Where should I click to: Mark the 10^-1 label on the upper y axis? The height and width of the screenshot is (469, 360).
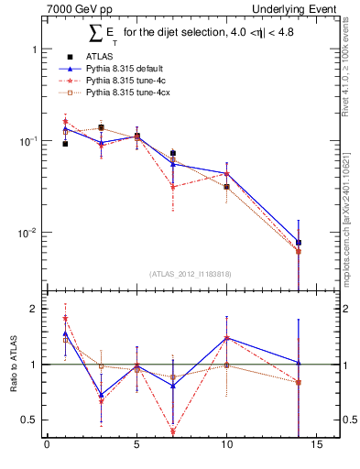[x=28, y=141]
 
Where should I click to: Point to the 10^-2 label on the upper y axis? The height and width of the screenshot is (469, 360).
[x=28, y=233]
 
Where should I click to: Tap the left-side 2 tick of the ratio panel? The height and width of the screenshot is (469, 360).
[x=34, y=309]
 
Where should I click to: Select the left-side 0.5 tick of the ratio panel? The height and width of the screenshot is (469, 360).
[x=30, y=420]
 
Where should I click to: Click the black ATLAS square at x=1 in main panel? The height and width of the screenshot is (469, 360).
[x=65, y=144]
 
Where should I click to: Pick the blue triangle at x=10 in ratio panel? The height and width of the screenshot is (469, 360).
[x=226, y=338]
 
